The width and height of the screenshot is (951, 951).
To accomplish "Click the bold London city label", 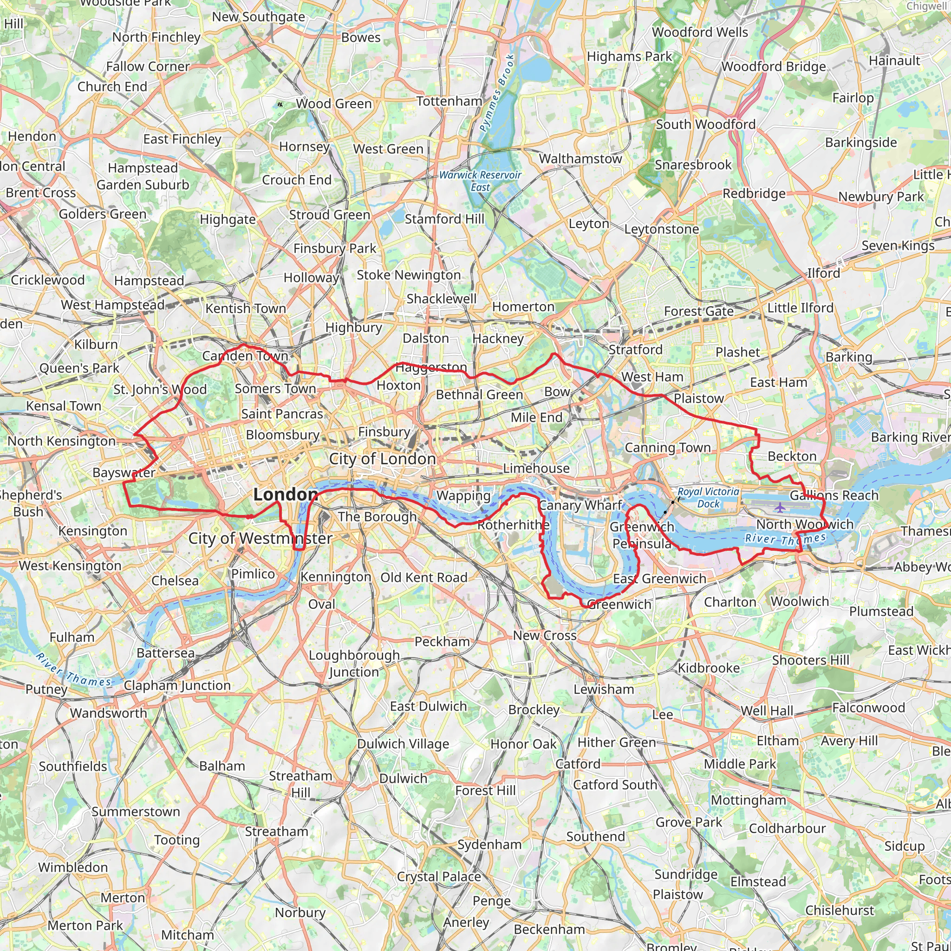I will click(x=286, y=494).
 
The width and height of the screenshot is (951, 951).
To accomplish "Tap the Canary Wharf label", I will click(x=580, y=505).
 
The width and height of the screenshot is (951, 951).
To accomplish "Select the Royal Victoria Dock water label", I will click(x=708, y=498).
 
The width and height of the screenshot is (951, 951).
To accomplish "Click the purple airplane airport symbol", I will click(x=780, y=507).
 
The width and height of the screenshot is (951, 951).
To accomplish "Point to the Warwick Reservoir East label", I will click(x=480, y=181).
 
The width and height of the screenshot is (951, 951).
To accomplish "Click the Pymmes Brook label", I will click(x=497, y=93).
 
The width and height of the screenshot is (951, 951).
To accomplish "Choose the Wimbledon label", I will click(x=73, y=867).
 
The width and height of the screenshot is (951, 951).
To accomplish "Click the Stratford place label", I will click(x=636, y=350).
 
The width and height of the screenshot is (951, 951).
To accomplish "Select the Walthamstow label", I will click(x=580, y=158).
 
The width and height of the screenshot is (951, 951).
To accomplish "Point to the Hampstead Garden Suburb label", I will click(x=143, y=176).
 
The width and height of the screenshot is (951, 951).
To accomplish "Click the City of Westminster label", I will click(x=261, y=538).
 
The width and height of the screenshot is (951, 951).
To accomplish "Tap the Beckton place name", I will click(x=792, y=456).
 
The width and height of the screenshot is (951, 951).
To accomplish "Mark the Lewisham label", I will click(x=604, y=689).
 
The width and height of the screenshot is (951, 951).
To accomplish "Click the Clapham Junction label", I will click(x=177, y=685).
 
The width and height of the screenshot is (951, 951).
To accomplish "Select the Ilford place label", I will click(x=823, y=273).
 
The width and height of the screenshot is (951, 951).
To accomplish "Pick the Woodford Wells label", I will click(x=699, y=32).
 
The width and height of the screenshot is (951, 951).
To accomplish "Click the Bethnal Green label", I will click(x=479, y=395).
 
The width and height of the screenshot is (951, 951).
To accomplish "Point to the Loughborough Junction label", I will click(x=354, y=663).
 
